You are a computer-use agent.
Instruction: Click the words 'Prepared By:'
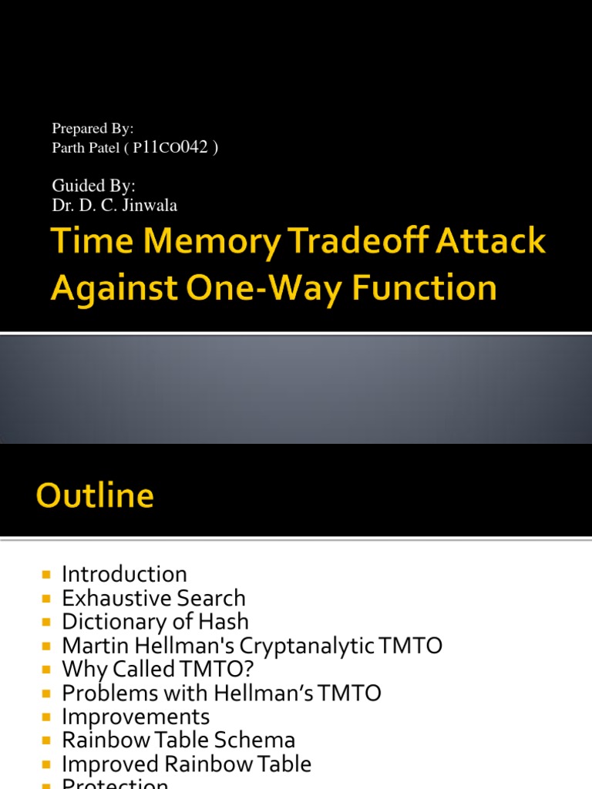(92, 129)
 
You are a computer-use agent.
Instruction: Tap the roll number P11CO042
(170, 148)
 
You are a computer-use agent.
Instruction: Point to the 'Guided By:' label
(93, 186)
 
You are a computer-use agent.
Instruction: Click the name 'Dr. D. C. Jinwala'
(115, 205)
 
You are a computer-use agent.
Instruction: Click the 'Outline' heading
(95, 495)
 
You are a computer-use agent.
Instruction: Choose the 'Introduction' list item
(124, 574)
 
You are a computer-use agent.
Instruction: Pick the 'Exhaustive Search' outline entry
(153, 598)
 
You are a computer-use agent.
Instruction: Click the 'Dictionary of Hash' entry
(155, 622)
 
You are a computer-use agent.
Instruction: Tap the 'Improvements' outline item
(136, 717)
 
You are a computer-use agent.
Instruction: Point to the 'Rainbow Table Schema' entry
(178, 740)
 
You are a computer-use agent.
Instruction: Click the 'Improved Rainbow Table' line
(187, 764)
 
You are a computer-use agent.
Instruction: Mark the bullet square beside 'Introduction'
(47, 575)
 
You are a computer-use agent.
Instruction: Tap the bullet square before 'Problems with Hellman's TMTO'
(47, 693)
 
